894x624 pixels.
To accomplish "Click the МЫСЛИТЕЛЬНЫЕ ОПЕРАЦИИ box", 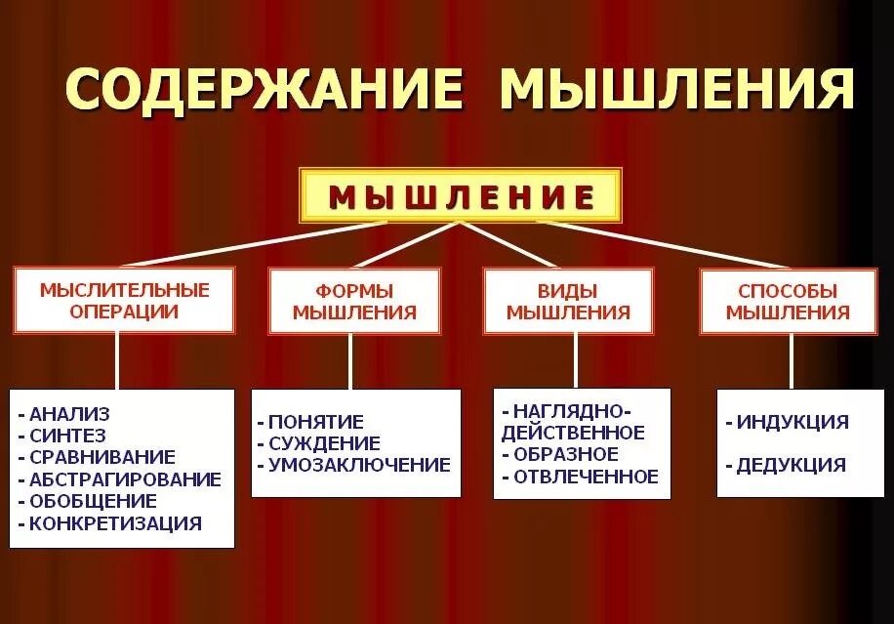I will click(x=124, y=301).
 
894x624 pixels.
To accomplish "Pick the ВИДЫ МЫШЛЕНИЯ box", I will click(x=568, y=302).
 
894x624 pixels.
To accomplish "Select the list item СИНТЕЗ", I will click(x=67, y=436).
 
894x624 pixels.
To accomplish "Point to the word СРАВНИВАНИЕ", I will click(x=102, y=457).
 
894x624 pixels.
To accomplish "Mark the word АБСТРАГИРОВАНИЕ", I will click(x=125, y=479).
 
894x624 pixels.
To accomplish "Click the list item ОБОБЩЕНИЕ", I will click(x=93, y=501).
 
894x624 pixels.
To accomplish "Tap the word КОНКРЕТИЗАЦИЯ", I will click(x=115, y=523).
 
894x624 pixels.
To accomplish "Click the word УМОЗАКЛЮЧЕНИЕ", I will click(x=359, y=465).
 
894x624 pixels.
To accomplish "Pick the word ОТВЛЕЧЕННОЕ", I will click(x=586, y=477).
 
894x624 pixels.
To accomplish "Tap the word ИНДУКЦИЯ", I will click(x=792, y=422).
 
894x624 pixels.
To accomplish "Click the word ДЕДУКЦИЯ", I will click(x=791, y=465).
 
